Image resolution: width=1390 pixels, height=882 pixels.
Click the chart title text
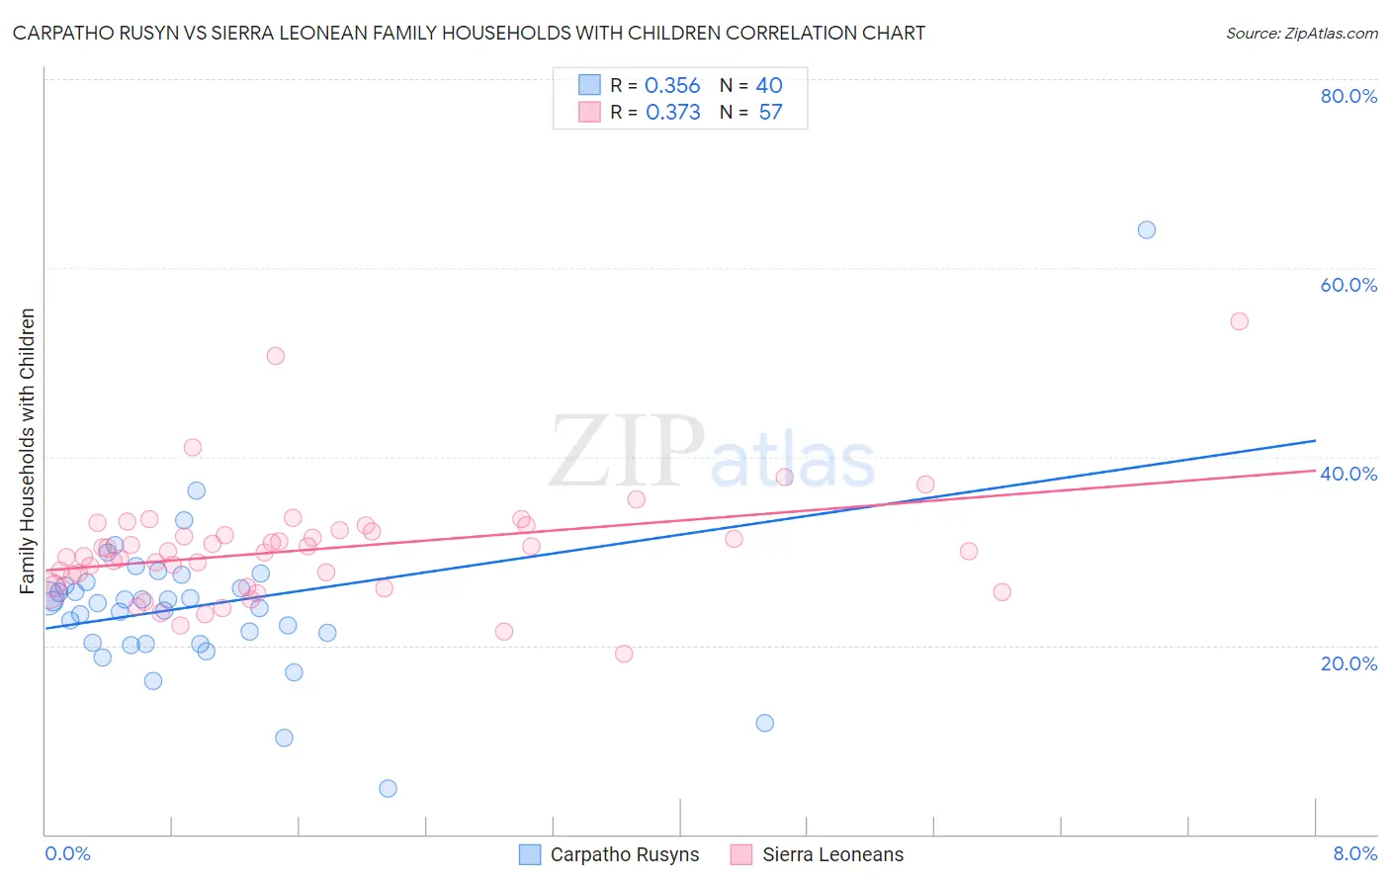click(469, 33)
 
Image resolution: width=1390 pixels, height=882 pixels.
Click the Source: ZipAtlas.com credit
click(1301, 33)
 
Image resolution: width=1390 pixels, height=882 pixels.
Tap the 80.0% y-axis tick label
click(1348, 96)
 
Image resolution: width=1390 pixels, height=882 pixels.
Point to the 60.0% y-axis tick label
click(1348, 285)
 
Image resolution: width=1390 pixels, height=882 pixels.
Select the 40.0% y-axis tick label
click(1348, 474)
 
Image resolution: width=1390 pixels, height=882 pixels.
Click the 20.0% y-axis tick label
click(1348, 662)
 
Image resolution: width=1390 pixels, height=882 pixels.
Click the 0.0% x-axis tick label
click(67, 853)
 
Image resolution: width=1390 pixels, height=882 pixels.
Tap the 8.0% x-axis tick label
click(1354, 853)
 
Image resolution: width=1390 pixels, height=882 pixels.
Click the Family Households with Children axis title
click(27, 451)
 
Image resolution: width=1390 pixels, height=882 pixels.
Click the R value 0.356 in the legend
click(672, 86)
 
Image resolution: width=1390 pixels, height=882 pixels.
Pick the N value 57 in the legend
click(770, 113)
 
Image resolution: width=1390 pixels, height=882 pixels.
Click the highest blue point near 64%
click(1147, 230)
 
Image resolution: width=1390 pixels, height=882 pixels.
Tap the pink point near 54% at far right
click(1239, 321)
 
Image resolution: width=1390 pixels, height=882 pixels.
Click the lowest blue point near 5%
click(388, 788)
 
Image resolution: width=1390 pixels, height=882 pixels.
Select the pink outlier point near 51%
click(276, 356)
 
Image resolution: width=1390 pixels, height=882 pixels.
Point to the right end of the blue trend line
click(1315, 440)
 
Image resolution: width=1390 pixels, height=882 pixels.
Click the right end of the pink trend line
click(1315, 471)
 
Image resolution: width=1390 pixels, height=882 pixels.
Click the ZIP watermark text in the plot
click(625, 453)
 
